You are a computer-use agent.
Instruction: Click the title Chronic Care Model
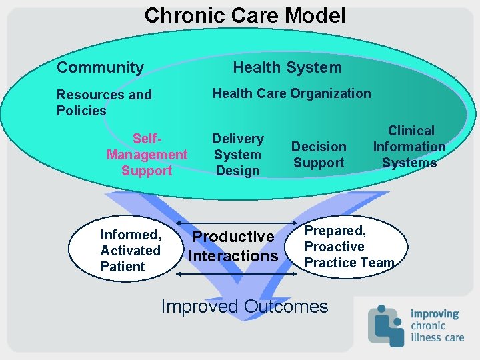(x=245, y=15)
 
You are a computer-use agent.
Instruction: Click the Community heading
(x=100, y=67)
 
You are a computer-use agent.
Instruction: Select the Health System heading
(x=287, y=67)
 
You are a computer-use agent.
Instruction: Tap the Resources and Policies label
(x=103, y=103)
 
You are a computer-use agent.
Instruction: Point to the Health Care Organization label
(x=291, y=93)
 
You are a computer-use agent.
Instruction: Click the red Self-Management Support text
(x=147, y=155)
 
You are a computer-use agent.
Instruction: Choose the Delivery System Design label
(x=238, y=155)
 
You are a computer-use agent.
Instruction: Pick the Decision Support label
(x=319, y=155)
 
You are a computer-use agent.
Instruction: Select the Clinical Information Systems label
(x=409, y=147)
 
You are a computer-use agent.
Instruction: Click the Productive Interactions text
(x=233, y=246)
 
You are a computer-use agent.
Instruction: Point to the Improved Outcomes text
(x=245, y=307)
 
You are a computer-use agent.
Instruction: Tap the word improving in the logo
(x=435, y=313)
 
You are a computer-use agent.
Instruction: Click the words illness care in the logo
(x=437, y=337)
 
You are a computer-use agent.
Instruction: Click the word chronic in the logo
(x=429, y=325)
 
